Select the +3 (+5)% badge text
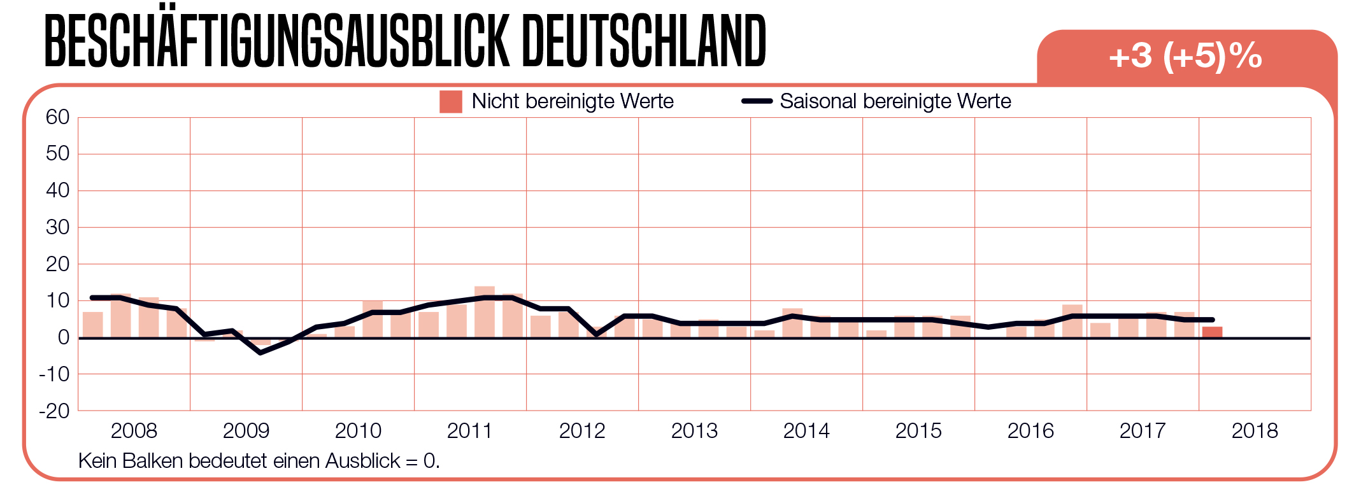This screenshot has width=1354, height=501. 1185,56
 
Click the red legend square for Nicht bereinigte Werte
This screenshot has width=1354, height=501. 450,102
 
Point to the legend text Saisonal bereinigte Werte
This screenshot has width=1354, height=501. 895,101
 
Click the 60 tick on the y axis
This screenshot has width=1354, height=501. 57,117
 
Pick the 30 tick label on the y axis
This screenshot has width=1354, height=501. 57,227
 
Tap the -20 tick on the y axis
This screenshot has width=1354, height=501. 55,411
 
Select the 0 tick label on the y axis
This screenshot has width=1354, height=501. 63,337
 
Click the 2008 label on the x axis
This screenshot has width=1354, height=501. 134,431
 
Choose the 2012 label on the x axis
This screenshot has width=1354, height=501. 582,431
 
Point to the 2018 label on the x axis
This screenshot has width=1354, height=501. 1255,431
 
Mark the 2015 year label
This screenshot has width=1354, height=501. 918,431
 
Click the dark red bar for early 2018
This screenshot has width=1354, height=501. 1212,332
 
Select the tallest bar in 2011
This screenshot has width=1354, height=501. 485,312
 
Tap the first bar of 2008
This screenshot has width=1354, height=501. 93,325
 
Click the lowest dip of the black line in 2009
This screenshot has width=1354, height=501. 260,352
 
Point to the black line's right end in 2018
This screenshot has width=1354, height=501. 1212,320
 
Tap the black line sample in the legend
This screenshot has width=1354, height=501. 757,101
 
